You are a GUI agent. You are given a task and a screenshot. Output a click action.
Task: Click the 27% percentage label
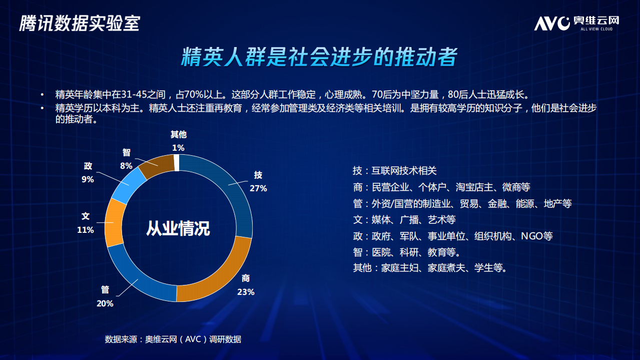259,189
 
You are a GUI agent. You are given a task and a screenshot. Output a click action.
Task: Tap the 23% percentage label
246,292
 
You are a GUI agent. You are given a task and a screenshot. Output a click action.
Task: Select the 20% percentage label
105,303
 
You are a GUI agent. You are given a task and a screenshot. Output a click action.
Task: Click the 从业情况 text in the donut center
178,228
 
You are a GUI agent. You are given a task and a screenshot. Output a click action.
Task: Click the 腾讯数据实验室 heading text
79,24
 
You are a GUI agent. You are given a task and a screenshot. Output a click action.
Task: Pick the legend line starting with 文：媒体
404,220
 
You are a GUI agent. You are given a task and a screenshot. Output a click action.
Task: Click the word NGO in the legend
531,236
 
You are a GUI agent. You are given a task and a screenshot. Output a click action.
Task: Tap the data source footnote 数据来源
173,339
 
